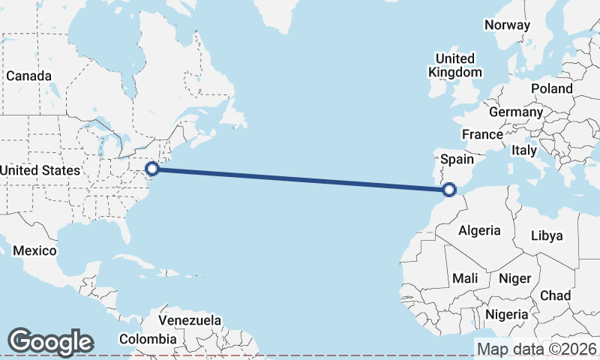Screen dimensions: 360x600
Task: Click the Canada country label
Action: (x=29, y=76)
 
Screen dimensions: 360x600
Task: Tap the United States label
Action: (x=39, y=170)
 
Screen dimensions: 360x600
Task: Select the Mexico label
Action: (x=34, y=250)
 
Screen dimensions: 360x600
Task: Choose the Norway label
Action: (x=507, y=25)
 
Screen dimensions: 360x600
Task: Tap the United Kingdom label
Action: (x=455, y=65)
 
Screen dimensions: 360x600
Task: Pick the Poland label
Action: (x=551, y=88)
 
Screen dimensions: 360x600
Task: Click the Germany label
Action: (x=515, y=112)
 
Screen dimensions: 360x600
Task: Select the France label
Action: (x=481, y=134)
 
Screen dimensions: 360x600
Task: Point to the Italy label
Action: (x=524, y=150)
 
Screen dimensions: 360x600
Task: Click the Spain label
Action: (x=457, y=159)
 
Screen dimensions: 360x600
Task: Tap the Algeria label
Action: (x=478, y=230)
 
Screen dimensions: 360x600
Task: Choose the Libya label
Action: (x=546, y=235)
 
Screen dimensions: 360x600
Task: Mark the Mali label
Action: (x=465, y=278)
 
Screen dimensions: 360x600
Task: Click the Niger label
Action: (x=514, y=278)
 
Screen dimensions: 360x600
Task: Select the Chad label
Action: (x=555, y=295)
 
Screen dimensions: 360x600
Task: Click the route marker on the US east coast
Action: (x=151, y=169)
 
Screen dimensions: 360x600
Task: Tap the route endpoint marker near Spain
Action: (x=449, y=189)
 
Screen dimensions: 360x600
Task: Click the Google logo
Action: (x=50, y=342)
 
